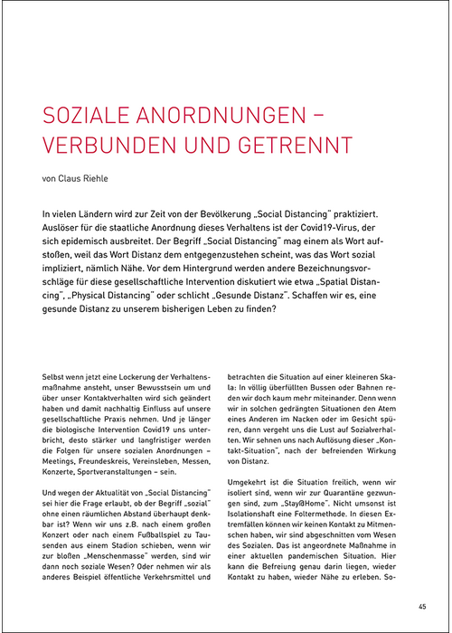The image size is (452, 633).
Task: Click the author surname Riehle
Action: pyautogui.click(x=94, y=178)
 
